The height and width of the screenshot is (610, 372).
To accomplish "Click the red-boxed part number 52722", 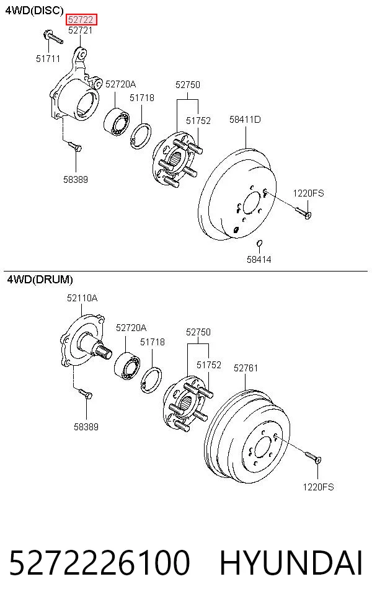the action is pos(81,19).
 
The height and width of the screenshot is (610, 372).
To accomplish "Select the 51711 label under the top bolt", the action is pos(48,59).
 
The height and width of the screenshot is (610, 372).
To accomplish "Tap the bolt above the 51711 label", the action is pos(53,37).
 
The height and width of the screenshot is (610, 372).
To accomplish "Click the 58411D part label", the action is pos(245,120).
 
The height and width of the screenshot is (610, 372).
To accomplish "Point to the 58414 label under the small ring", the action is pos(259,259).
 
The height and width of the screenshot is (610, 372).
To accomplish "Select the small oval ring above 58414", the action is pos(260,244).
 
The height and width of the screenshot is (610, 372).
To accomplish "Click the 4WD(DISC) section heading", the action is pos(34,11).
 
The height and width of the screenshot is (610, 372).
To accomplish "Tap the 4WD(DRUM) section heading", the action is pos(40,279).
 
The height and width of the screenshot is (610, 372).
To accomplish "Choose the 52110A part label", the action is pos(82,298).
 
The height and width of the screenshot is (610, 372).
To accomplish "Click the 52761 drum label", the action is pos(246,368).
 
